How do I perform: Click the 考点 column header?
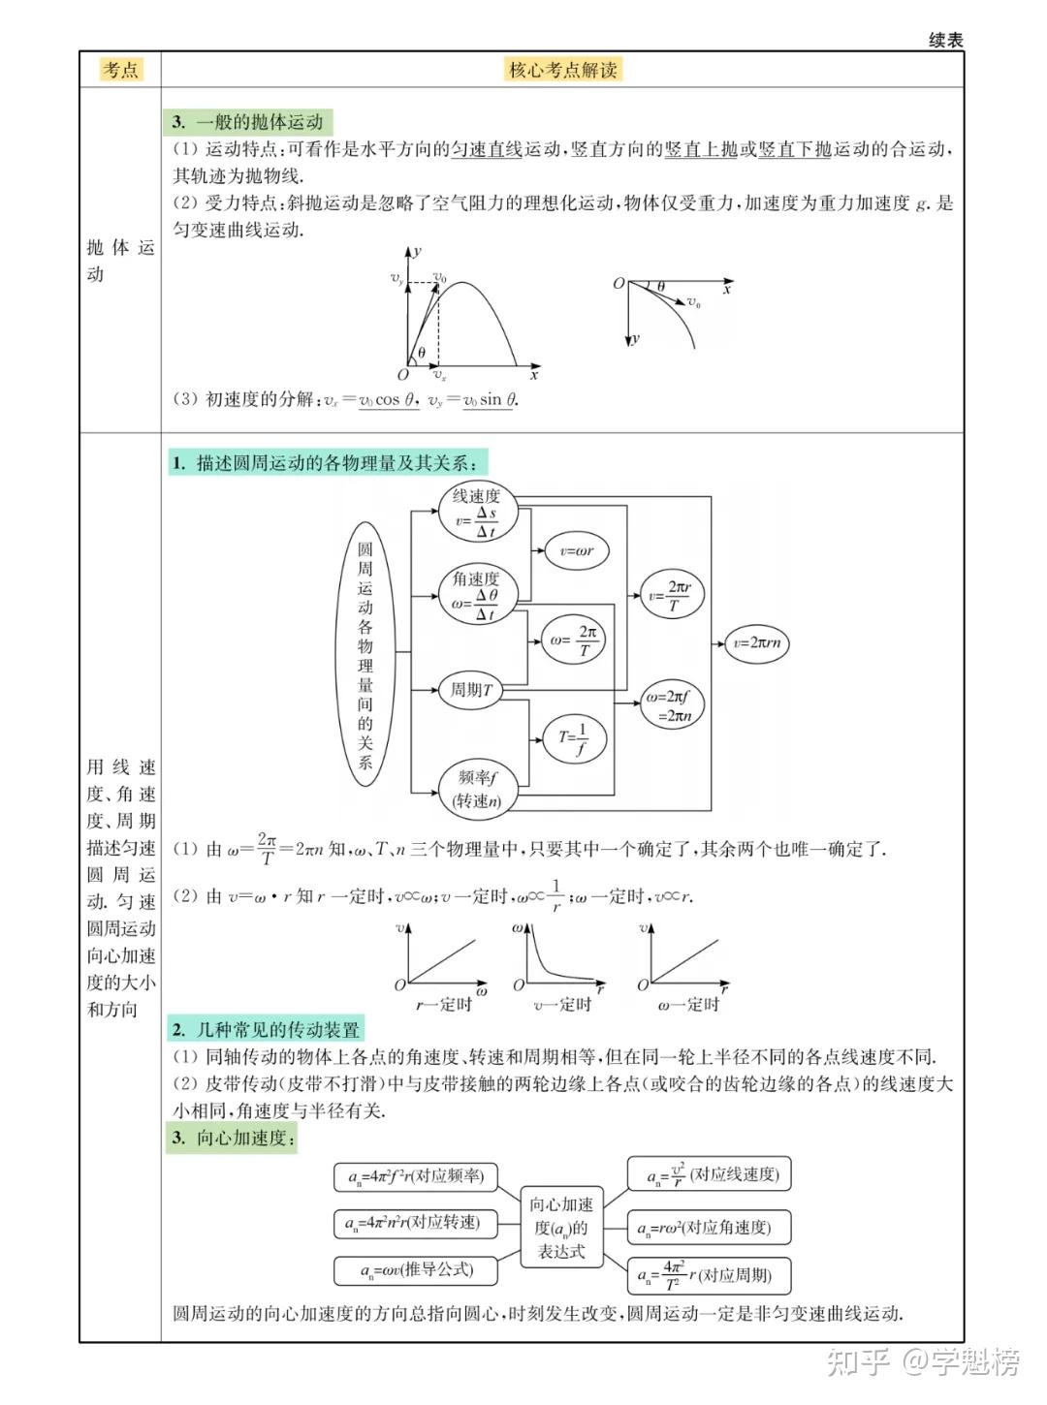pos(121,70)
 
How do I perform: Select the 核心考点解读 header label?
pos(563,70)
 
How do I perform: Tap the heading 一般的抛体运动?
pos(249,122)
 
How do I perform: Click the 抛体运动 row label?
pos(120,261)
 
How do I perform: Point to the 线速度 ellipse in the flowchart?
pos(477,514)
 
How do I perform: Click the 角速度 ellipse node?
pos(477,595)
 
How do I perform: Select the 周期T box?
pos(471,690)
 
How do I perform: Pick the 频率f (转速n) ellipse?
pos(477,789)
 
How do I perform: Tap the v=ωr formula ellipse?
pos(577,550)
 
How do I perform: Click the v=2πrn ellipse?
pos(756,642)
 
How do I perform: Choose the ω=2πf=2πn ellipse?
pos(672,705)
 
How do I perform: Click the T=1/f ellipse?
pos(573,739)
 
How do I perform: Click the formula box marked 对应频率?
pos(415,1176)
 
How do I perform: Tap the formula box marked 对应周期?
pos(711,1274)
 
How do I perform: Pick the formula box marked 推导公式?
pos(416,1269)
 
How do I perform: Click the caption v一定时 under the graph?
pos(562,1005)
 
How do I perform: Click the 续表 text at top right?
pos(945,40)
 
